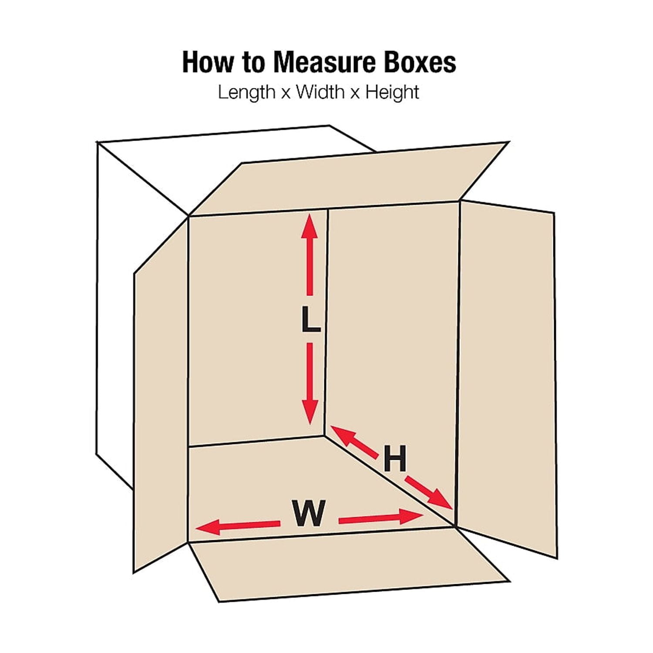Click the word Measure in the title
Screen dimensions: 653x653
tap(325, 62)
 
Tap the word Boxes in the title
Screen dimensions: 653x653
tap(420, 62)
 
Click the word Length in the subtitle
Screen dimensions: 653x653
tap(246, 92)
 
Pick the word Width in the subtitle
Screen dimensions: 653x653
tap(320, 92)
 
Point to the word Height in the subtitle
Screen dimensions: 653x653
tap(392, 92)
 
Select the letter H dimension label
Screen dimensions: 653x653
tap(395, 458)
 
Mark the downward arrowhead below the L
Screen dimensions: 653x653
tap(310, 411)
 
